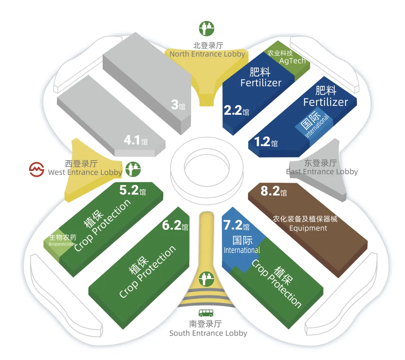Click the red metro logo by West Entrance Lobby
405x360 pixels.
(37, 170)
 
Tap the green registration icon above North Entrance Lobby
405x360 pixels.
(207, 28)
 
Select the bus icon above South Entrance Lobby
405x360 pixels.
(206, 313)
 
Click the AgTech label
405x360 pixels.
(292, 61)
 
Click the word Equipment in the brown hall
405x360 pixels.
(308, 228)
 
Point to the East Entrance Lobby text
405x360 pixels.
(322, 171)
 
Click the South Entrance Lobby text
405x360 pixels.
(208, 333)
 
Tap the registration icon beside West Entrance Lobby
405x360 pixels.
(133, 169)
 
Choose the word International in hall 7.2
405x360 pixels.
(242, 250)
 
